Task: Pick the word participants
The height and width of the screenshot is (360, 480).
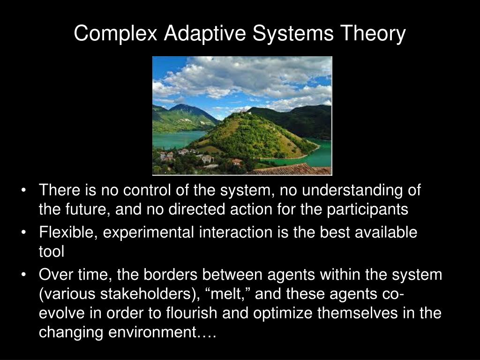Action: pyautogui.click(x=368, y=210)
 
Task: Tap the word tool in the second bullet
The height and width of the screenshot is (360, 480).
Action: pyautogui.click(x=51, y=252)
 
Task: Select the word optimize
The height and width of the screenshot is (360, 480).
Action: pyautogui.click(x=283, y=313)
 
